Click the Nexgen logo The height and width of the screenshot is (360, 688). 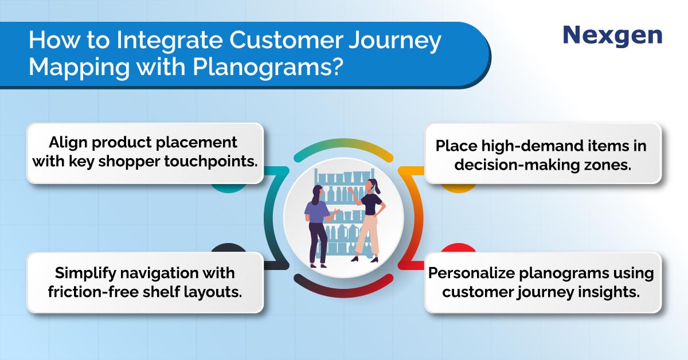[x=612, y=36]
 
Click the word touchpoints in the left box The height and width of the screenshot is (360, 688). [x=211, y=161]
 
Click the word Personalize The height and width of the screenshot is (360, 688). [x=471, y=273]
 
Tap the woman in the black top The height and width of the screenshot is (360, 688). [x=368, y=220]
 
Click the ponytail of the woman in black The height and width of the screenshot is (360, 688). [x=377, y=186]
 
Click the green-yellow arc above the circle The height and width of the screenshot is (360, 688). [x=343, y=144]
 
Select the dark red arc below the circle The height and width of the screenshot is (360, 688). [x=343, y=292]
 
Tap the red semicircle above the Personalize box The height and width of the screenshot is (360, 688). [x=458, y=248]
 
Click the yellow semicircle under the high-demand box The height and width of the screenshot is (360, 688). [x=458, y=188]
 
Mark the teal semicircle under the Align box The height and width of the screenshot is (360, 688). [x=229, y=188]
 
